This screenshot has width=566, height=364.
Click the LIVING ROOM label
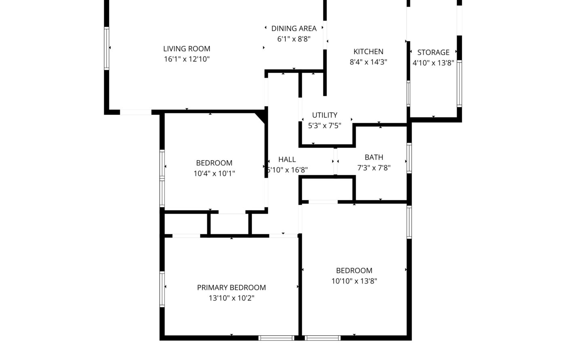point(187,49)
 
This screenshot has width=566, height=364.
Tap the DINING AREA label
point(294,29)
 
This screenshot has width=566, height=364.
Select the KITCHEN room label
point(368,52)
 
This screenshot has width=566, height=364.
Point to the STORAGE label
point(433,52)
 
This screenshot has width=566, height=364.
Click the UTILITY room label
point(325,115)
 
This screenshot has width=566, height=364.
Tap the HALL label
point(287,159)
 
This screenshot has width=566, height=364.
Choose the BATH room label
point(374,157)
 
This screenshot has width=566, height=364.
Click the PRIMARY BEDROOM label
point(231,288)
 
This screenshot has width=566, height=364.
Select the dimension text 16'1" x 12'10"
point(187,59)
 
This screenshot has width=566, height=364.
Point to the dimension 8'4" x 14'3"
point(368,62)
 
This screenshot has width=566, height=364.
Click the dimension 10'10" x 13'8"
point(354,281)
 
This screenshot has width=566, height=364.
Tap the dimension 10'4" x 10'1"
point(214,174)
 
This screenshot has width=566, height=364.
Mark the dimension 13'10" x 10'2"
point(231,298)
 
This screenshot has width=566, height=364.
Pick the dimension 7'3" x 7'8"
point(374,167)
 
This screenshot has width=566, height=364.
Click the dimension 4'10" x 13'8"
point(433,63)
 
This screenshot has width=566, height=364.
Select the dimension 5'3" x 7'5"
point(325,125)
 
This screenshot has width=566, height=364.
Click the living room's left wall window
point(107,48)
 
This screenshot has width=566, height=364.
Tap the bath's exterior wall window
point(409,158)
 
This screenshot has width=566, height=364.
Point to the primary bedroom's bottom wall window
point(277,338)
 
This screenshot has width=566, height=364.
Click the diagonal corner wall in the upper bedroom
point(260,118)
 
